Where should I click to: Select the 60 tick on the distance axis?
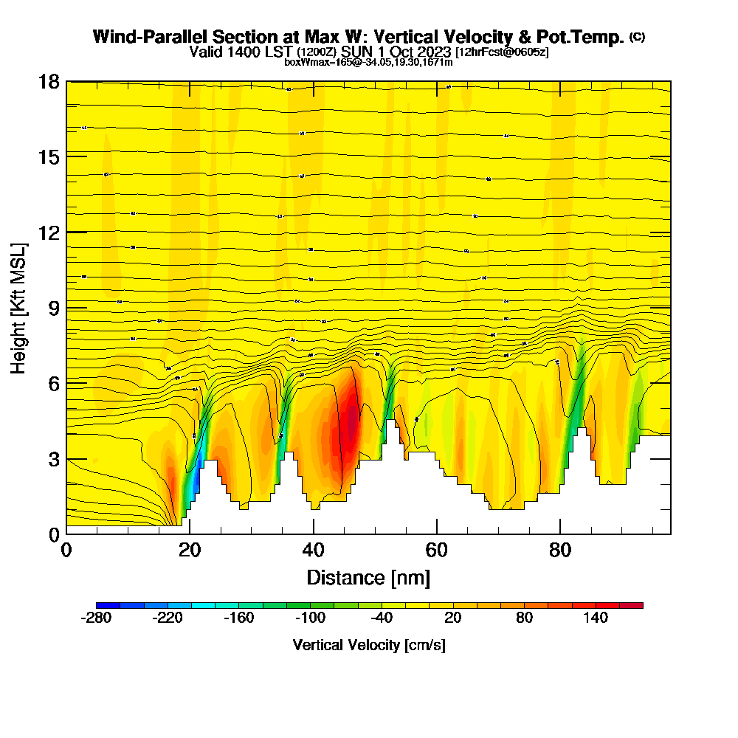point(437,551)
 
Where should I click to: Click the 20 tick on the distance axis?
point(190,551)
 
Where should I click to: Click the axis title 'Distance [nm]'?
point(368,577)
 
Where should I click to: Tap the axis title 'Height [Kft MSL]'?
point(19,307)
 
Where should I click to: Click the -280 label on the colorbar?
point(97,618)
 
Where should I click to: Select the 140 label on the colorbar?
point(596,618)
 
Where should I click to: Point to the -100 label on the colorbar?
point(310,618)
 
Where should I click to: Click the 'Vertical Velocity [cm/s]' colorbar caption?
point(369,645)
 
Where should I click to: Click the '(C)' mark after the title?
point(637,36)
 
